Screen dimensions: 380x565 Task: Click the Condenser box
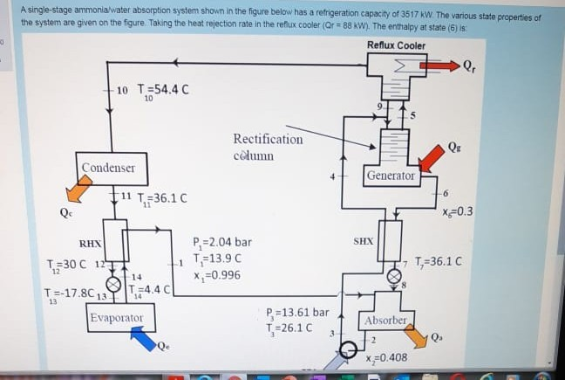108,168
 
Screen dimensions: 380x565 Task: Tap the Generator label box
390,176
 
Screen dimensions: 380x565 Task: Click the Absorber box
385,321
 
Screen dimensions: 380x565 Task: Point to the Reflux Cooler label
397,45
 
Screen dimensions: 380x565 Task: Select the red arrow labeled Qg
432,159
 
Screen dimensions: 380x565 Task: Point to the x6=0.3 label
458,210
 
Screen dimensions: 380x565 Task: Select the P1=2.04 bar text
223,242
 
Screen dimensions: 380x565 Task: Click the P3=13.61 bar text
297,312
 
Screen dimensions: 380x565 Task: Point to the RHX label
91,244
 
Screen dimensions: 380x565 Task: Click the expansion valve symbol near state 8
391,273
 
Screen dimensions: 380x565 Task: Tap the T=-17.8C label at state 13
68,294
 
